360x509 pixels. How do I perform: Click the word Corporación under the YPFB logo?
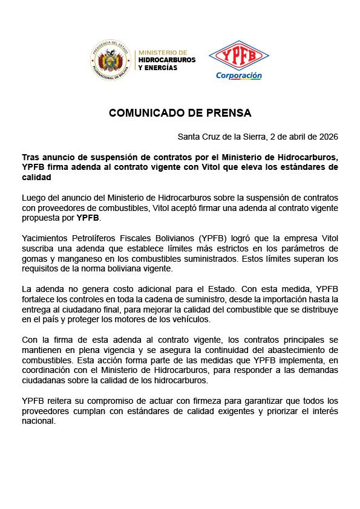[x=239, y=76]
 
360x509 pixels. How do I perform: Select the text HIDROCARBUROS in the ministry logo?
[x=167, y=60]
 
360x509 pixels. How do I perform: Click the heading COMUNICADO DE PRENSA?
[x=180, y=113]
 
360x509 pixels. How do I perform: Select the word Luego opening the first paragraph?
[x=34, y=198]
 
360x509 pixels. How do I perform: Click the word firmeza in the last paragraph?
[x=196, y=401]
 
